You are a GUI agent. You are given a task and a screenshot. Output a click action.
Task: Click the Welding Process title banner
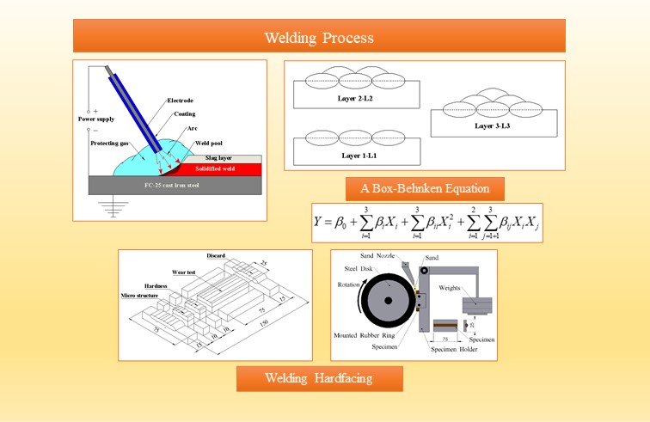pyautogui.click(x=319, y=38)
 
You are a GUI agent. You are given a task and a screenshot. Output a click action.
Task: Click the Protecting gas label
pyautogui.click(x=111, y=143)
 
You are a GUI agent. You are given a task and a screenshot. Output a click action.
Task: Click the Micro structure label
pyautogui.click(x=143, y=295)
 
